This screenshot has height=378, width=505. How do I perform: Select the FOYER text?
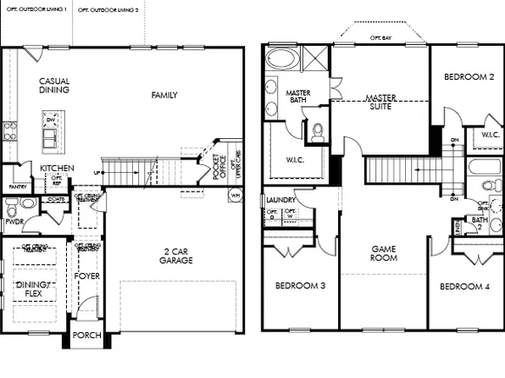click(x=87, y=275)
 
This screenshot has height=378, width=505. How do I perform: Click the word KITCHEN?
click(x=57, y=168)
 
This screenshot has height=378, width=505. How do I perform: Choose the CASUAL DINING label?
click(x=54, y=86)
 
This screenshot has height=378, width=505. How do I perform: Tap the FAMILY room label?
click(x=164, y=95)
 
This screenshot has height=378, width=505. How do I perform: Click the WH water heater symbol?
click(x=234, y=194)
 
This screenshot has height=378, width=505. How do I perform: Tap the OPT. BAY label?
click(x=381, y=38)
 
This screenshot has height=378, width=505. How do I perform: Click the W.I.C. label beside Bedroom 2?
click(x=490, y=134)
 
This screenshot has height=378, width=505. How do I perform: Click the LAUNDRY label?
click(x=280, y=200)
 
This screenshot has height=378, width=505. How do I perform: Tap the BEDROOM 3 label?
click(x=300, y=286)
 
